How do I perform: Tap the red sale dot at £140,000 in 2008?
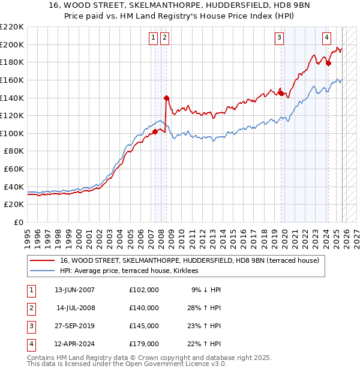pos(166,97)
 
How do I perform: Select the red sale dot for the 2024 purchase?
pos(328,62)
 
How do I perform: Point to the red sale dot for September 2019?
pos(281,93)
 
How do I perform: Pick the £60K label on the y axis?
pos(14,169)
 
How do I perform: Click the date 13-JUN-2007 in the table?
pos(74,290)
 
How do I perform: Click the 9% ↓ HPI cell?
pos(206,290)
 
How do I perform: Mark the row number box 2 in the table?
pos(31,308)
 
